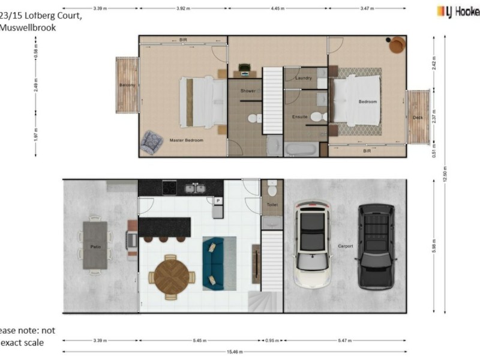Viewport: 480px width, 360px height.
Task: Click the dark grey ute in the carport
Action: (x=376, y=246)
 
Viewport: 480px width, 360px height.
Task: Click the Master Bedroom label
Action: (x=186, y=140)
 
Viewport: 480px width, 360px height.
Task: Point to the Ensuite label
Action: (x=300, y=116)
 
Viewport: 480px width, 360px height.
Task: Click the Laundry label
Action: (x=303, y=78)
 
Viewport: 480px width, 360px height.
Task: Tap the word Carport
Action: (x=346, y=246)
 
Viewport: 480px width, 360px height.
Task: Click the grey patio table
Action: (x=95, y=245)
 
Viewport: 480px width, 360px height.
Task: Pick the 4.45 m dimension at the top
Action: (x=277, y=9)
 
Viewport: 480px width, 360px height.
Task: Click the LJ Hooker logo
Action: (x=458, y=10)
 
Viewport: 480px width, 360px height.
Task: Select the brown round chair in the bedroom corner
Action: (x=397, y=45)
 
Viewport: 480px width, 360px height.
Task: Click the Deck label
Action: (x=418, y=118)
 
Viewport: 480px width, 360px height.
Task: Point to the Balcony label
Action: (x=127, y=85)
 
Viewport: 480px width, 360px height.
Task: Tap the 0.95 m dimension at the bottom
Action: (x=272, y=340)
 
